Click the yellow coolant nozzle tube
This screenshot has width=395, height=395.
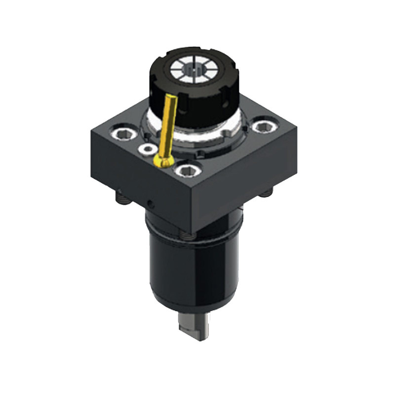(168, 123)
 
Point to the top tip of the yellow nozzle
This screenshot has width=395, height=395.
(173, 97)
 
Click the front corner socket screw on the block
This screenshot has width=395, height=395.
(187, 171)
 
